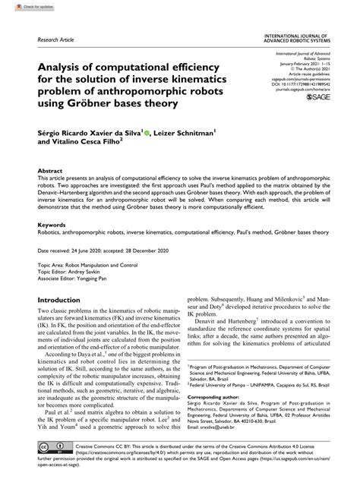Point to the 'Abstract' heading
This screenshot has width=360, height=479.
[50, 172]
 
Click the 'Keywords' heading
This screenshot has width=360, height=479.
[52, 225]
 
